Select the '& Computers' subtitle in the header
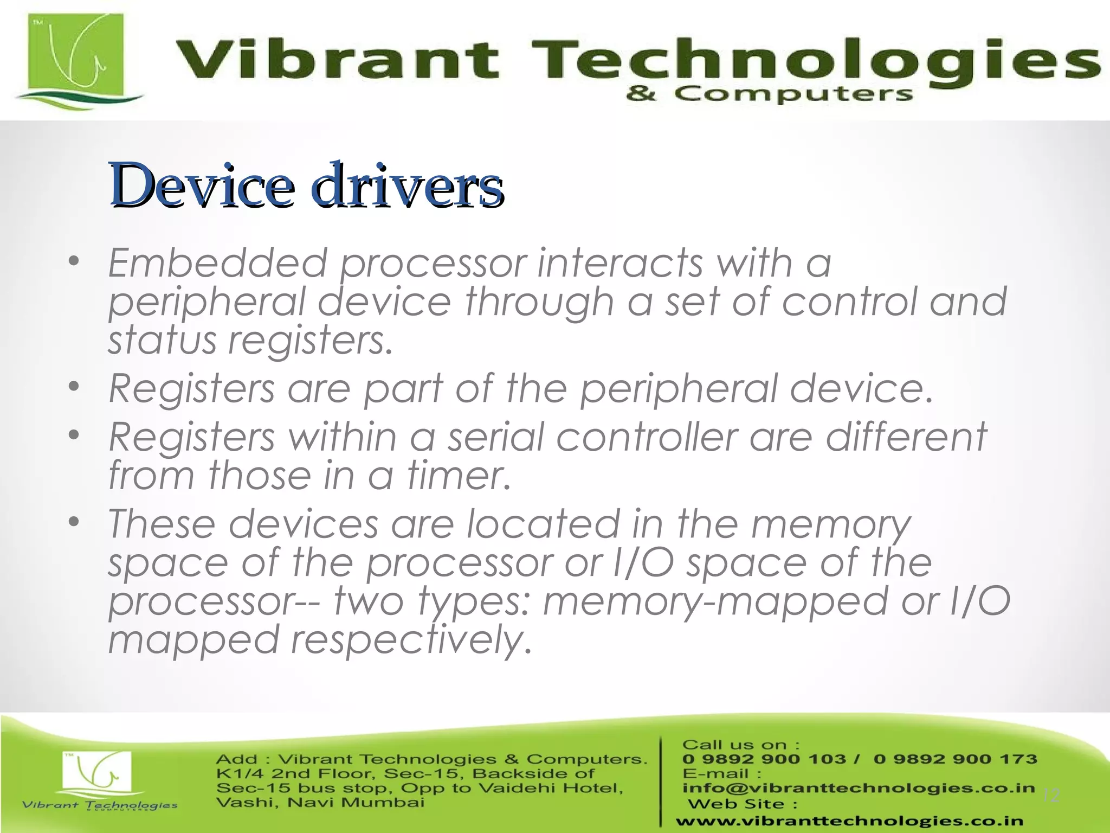pos(770,94)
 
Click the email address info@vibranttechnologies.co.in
pos(859,788)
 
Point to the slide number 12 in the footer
pos(1051,796)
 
